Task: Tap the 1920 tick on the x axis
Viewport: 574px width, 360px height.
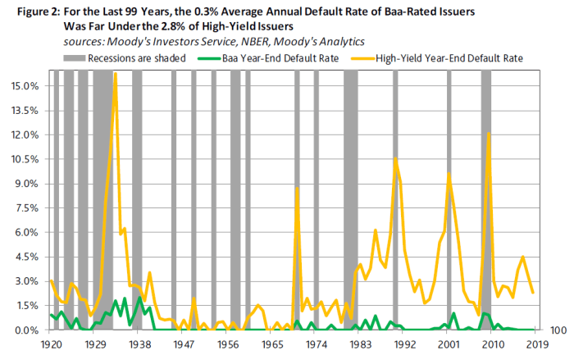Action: pyautogui.click(x=51, y=346)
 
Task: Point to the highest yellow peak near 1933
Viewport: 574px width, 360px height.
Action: pyautogui.click(x=115, y=74)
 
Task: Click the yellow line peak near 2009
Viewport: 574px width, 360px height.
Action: pyautogui.click(x=489, y=134)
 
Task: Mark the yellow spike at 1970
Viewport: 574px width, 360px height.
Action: pyautogui.click(x=297, y=188)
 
